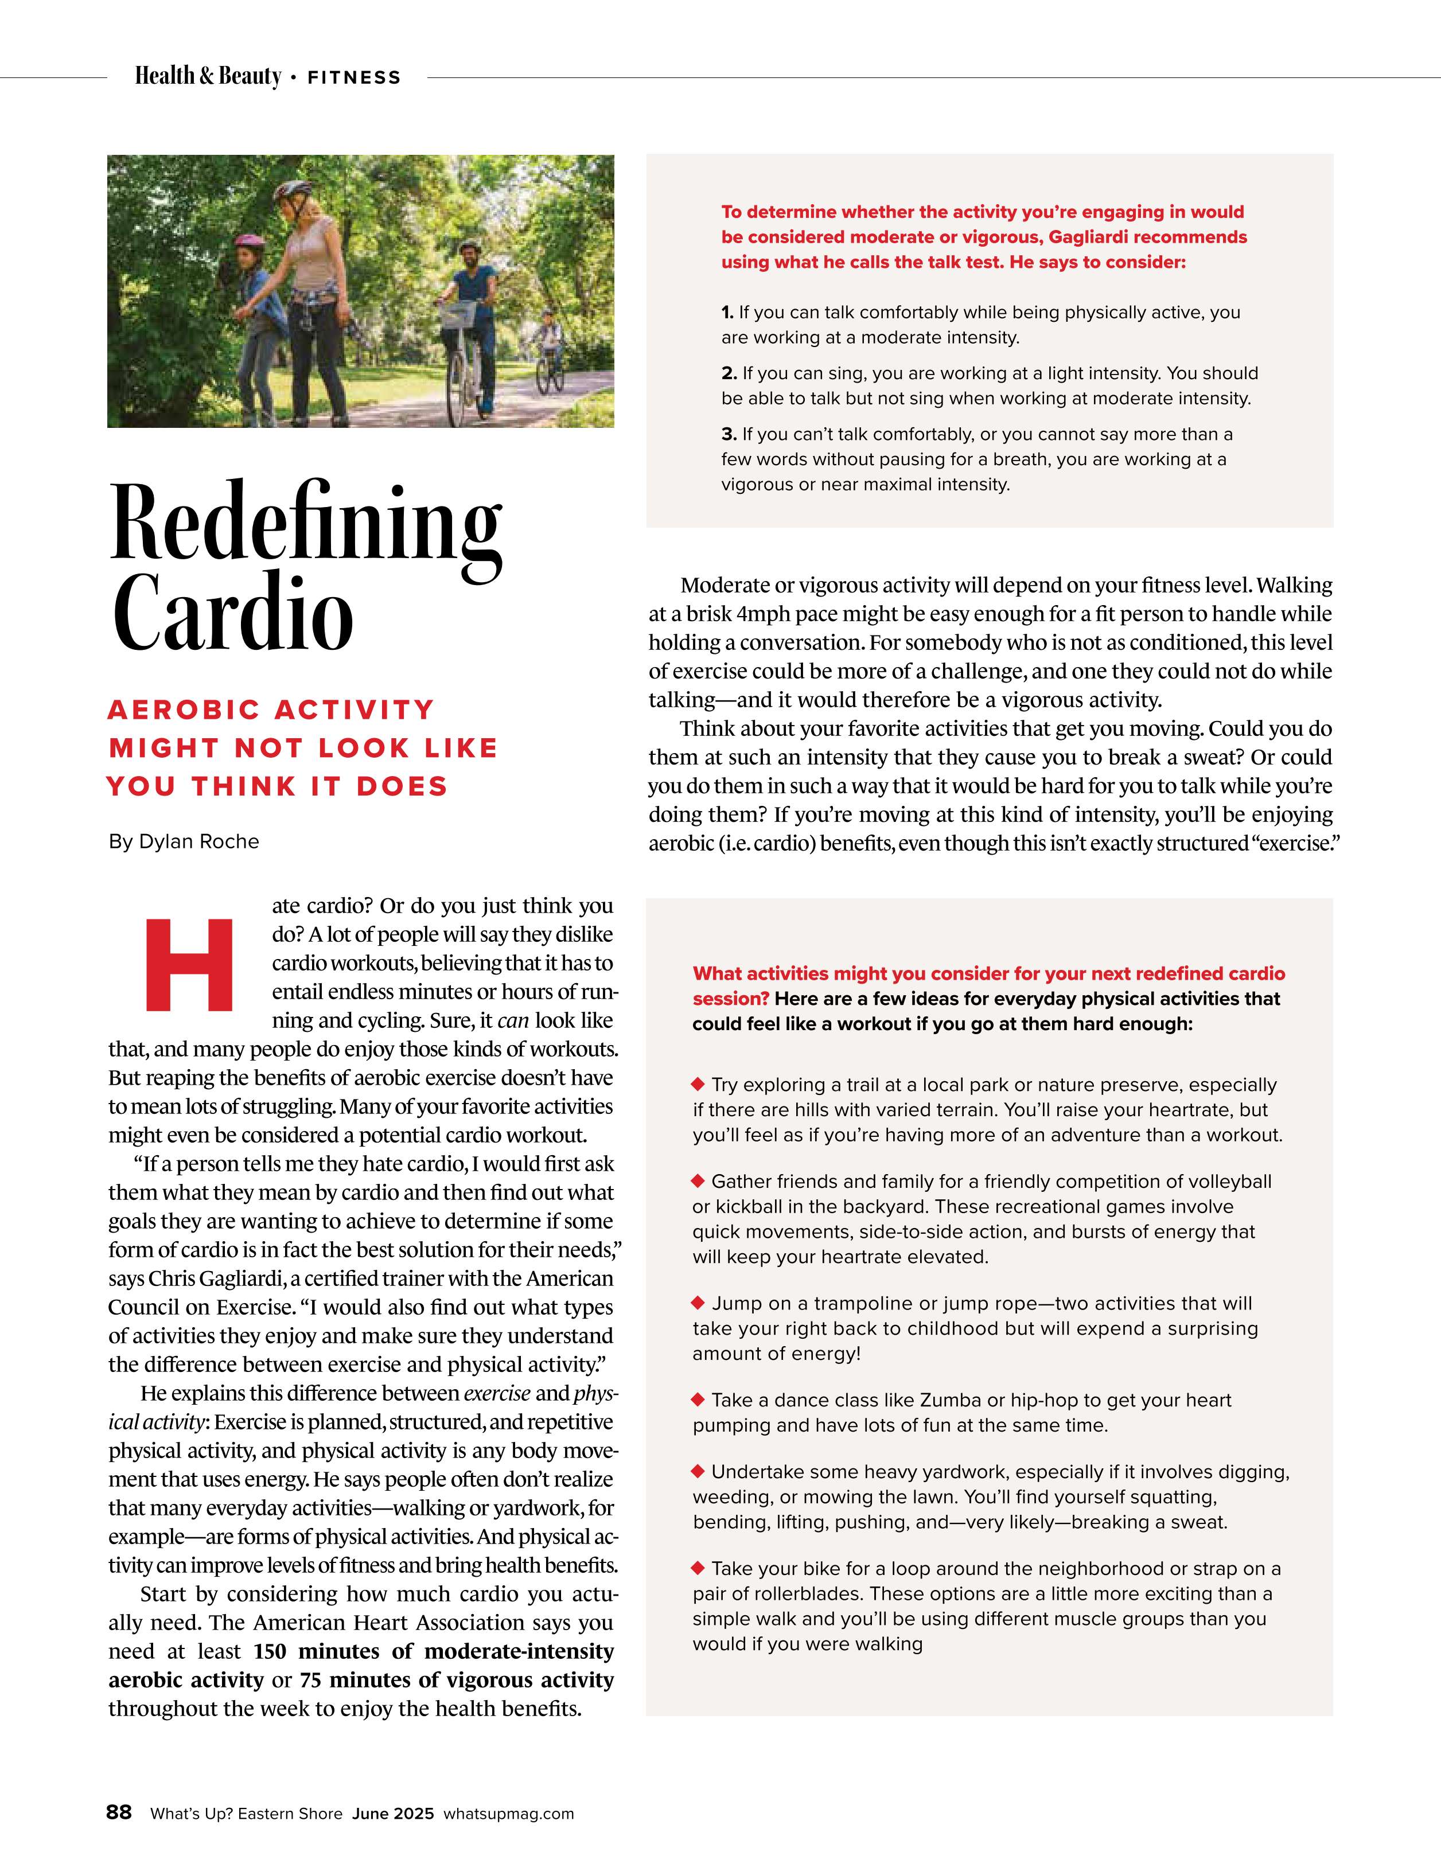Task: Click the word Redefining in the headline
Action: click(x=305, y=523)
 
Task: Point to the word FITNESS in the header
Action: click(x=354, y=78)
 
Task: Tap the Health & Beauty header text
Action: click(x=208, y=76)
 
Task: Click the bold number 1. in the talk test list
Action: click(x=728, y=313)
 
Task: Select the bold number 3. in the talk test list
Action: click(x=729, y=434)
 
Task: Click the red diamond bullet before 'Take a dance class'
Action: click(x=698, y=1400)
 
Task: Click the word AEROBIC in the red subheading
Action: click(x=184, y=710)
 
